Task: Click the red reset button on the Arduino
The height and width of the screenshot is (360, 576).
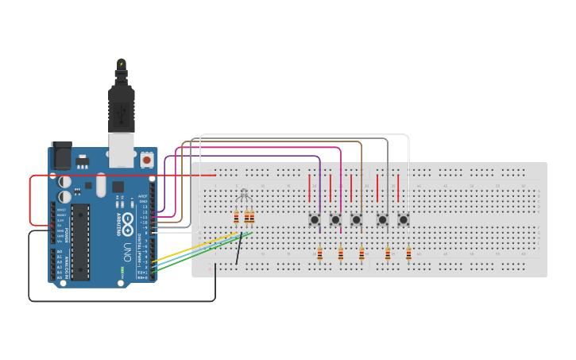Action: coord(146,161)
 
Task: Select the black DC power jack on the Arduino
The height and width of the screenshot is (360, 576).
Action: coord(60,156)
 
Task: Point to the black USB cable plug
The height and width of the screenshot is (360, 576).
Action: coord(121,107)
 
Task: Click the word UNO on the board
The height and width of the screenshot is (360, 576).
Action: coord(127,254)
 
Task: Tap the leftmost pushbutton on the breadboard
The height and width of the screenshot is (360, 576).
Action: coord(315,219)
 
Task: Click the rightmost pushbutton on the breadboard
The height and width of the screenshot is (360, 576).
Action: coord(404,219)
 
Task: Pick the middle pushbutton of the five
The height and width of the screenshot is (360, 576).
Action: coord(356,219)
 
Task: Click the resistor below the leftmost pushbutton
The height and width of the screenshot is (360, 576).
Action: coord(319,254)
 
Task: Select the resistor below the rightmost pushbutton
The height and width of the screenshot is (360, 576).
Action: coord(408,254)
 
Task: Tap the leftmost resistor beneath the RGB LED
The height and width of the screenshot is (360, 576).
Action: coord(236,217)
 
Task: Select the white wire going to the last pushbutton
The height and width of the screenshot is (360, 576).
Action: coord(302,135)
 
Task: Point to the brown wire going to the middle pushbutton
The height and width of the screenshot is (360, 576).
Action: coord(270,142)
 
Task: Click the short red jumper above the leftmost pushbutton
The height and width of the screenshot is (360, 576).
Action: coord(310,188)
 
